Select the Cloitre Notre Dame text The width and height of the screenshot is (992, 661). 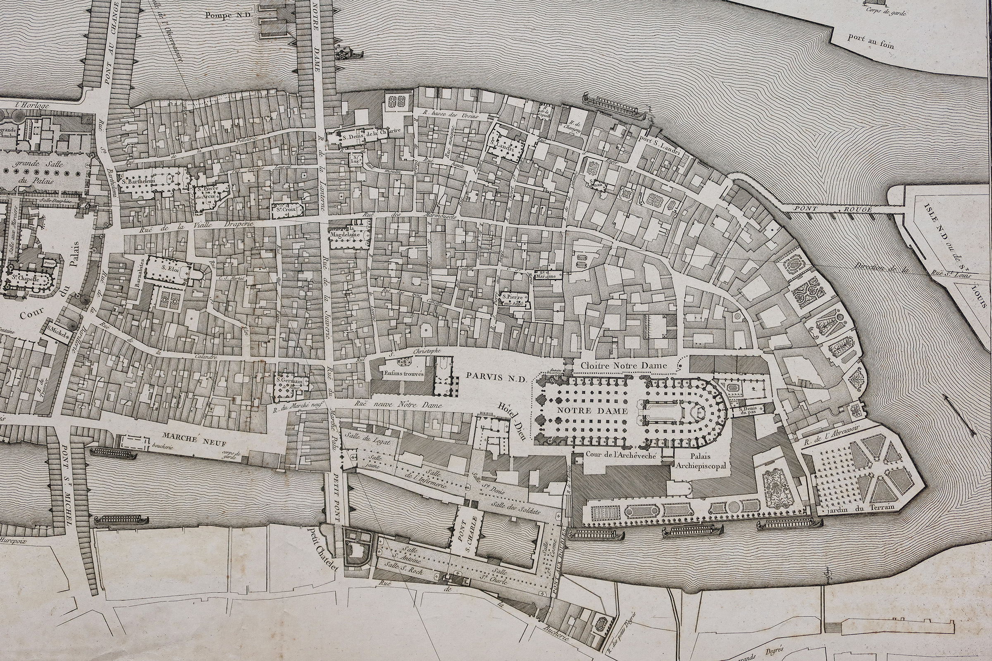click(x=623, y=366)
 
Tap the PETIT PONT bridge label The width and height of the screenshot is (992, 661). click(x=336, y=497)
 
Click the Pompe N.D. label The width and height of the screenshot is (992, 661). click(x=228, y=15)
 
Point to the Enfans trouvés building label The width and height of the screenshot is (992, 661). click(x=404, y=373)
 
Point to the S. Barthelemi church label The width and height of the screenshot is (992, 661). click(x=139, y=181)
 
